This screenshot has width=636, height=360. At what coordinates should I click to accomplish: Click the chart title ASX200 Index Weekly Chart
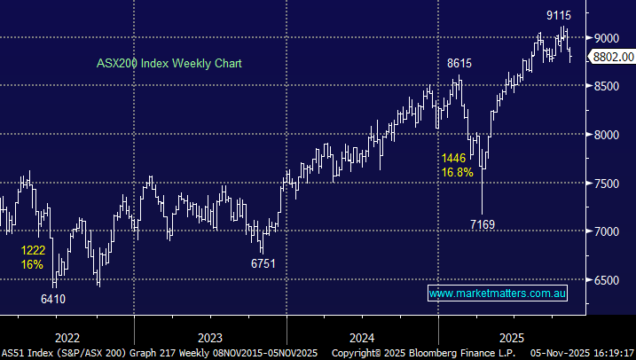point(169,64)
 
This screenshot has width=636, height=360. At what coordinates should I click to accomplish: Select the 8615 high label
point(458,64)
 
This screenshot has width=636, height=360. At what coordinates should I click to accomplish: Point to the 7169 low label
point(482,225)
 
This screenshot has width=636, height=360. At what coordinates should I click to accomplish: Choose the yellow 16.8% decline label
point(458,172)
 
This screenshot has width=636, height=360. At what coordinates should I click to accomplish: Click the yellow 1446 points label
point(453,158)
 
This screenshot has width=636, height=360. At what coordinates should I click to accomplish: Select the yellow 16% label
point(33,266)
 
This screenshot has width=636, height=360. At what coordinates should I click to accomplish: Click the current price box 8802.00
point(614,57)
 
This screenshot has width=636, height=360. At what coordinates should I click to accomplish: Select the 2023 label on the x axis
point(209,338)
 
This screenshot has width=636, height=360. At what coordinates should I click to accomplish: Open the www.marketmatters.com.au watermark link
point(497,293)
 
